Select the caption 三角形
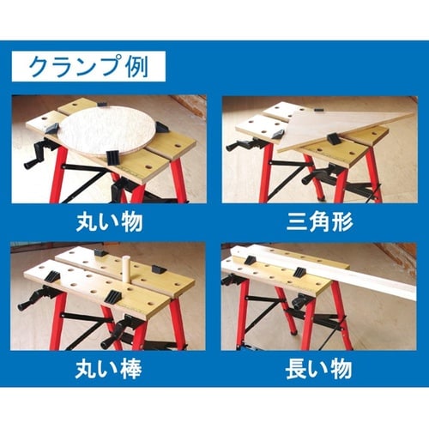click(319, 225)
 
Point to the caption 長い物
click(319, 371)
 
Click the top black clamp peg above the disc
click(103, 106)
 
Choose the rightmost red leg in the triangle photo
click(373, 176)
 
